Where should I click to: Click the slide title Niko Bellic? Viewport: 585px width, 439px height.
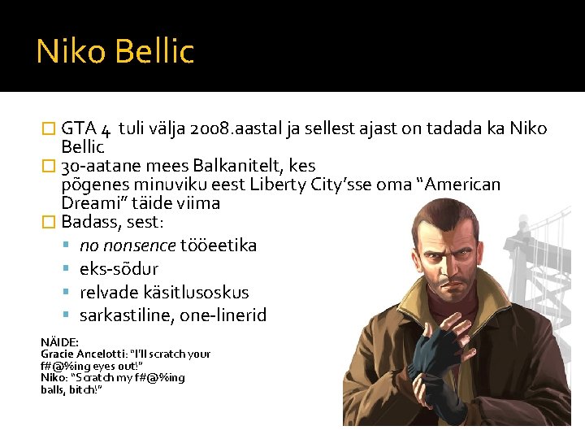(115, 50)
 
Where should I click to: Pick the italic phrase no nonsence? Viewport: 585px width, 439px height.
(128, 246)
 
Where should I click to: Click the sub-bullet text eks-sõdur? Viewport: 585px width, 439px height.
(119, 269)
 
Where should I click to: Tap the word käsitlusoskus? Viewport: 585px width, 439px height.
(196, 293)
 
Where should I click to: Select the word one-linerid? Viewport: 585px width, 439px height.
(223, 315)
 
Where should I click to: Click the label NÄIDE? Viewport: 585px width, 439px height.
(59, 342)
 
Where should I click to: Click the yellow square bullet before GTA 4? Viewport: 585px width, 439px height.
(49, 128)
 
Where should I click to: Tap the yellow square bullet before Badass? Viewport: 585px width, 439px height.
(49, 222)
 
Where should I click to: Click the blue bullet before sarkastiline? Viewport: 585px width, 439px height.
(66, 315)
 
